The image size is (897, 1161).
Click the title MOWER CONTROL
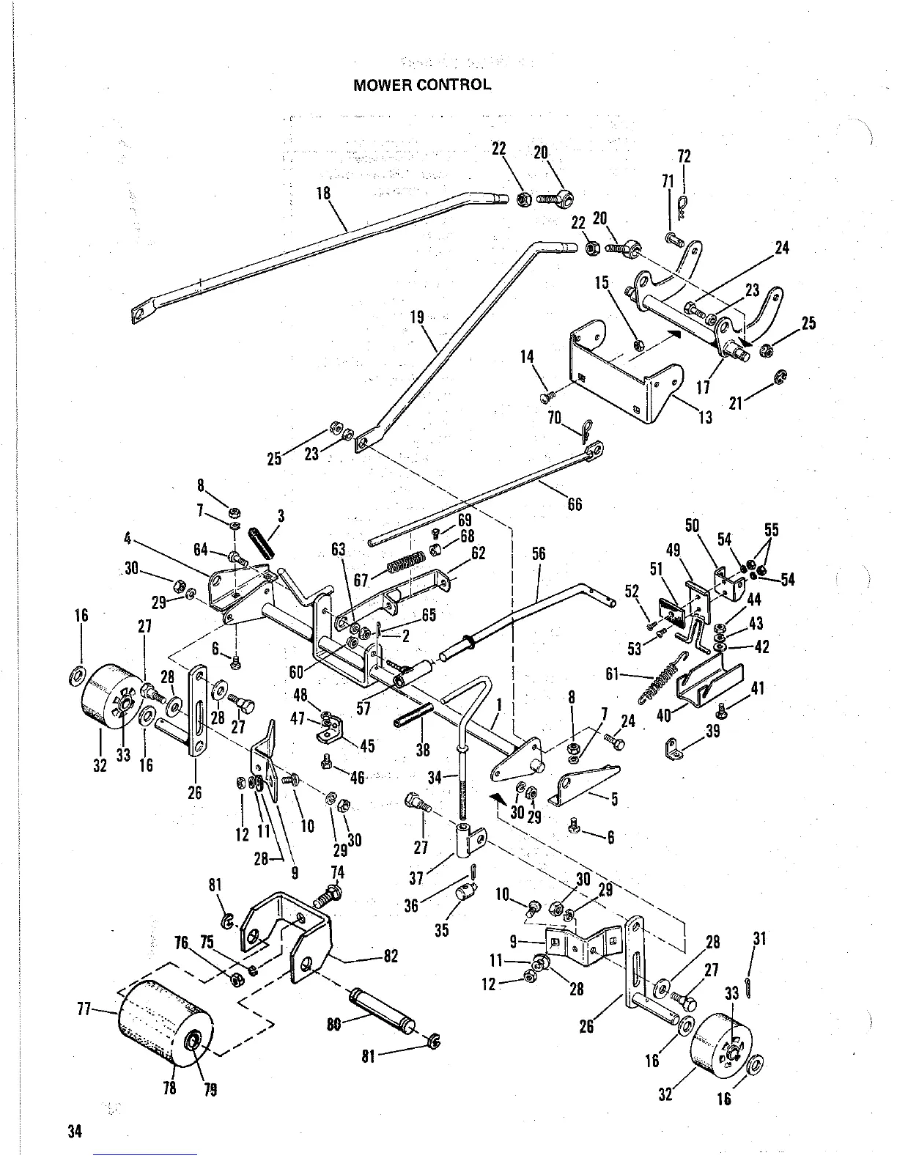[x=422, y=84]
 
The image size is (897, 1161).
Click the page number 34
[x=73, y=1131]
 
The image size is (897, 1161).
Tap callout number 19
[x=418, y=318]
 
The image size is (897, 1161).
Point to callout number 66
[x=575, y=504]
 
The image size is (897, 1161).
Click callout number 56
[x=539, y=554]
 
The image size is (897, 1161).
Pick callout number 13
[x=705, y=418]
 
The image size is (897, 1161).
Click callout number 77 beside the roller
[x=84, y=1010]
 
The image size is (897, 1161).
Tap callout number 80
[x=334, y=1025]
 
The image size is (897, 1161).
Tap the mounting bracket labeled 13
[x=623, y=374]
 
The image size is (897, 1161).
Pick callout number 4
[x=128, y=539]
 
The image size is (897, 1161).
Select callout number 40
[x=664, y=715]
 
